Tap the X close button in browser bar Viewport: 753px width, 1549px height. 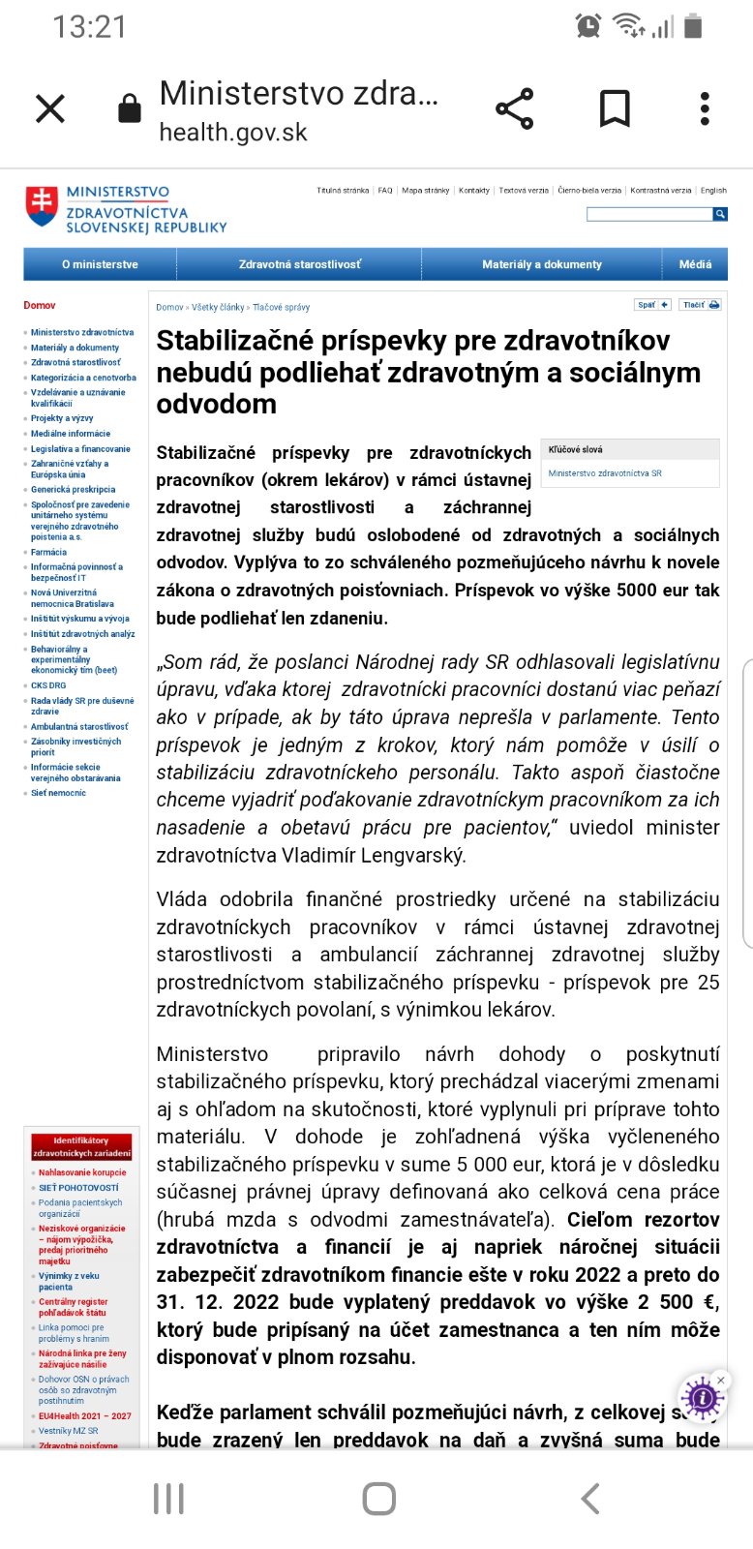50,108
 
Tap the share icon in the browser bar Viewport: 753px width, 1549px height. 514,108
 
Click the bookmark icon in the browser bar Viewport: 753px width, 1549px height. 615,108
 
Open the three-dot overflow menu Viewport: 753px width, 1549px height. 705,108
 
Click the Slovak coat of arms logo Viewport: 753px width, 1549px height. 42,205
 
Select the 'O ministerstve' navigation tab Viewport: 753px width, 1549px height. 100,264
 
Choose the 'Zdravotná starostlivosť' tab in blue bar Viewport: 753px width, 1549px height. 299,264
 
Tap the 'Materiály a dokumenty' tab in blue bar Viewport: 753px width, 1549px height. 541,264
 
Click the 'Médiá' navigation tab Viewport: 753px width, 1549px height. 695,264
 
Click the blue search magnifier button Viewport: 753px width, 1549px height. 720,214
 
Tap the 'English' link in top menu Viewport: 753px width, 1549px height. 713,191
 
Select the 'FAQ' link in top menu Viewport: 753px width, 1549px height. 385,191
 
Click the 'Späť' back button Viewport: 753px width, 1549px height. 652,305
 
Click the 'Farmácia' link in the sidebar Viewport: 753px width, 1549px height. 48,552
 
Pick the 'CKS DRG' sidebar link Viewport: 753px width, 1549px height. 48,685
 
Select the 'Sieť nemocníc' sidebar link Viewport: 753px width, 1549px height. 58,793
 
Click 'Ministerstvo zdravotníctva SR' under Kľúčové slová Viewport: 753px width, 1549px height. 605,473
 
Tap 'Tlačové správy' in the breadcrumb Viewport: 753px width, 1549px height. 282,308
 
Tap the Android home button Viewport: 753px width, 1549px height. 378,1499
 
